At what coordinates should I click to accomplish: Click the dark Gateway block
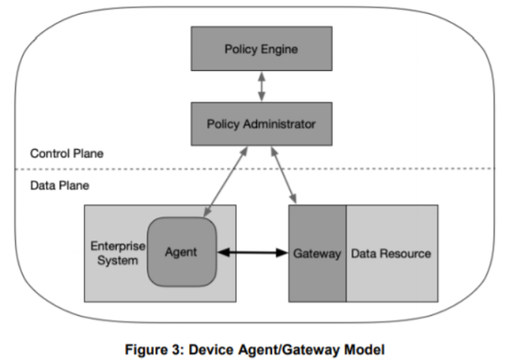(317, 253)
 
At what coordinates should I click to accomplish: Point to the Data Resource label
(391, 254)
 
